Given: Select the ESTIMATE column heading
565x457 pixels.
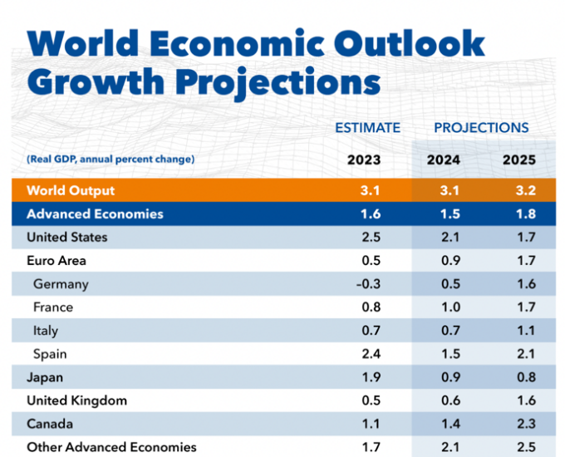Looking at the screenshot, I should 367,128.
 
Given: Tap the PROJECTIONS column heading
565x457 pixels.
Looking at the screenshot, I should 481,128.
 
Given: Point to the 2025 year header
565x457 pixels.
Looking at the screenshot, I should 520,160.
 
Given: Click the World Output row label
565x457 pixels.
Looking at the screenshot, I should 71,190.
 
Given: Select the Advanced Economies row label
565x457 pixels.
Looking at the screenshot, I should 95,214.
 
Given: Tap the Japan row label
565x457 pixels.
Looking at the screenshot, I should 45,377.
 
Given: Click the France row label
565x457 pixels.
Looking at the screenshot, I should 53,307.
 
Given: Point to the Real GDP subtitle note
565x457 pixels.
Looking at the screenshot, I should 111,159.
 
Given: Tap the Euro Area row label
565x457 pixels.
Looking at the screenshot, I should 56,261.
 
